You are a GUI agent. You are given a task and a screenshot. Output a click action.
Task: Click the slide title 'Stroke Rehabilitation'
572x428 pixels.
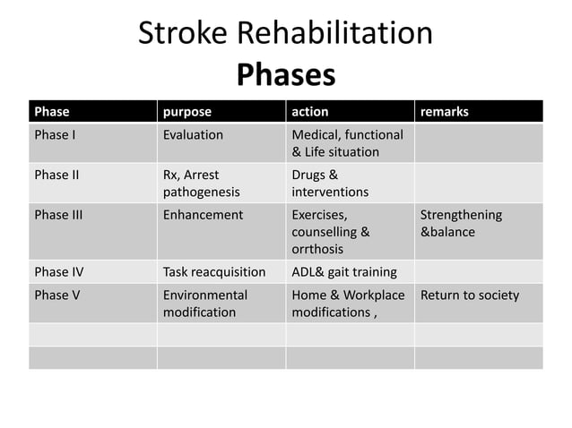tap(285, 33)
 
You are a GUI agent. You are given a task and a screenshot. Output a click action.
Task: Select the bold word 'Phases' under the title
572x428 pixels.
tap(285, 74)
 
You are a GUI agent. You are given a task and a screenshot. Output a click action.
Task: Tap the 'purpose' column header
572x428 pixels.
tap(187, 112)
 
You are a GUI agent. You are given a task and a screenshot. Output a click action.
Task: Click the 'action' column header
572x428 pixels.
tap(310, 112)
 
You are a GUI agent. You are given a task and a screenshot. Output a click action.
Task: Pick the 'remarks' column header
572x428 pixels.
tap(445, 112)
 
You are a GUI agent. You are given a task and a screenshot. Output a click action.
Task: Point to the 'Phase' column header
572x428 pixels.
tap(52, 112)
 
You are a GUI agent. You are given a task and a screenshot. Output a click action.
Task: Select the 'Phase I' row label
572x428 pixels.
tap(55, 135)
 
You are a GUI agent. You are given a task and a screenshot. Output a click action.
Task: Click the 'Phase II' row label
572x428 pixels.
tap(56, 175)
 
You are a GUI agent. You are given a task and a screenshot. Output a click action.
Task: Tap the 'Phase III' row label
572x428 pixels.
tap(58, 215)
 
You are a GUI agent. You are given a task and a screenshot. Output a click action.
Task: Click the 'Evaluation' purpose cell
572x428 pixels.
tap(193, 135)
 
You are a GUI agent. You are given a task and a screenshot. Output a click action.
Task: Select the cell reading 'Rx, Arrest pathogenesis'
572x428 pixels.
tap(201, 184)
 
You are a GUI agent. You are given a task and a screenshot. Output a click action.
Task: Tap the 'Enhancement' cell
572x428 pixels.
tap(203, 215)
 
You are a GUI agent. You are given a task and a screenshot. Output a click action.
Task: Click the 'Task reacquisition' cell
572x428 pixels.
tap(214, 272)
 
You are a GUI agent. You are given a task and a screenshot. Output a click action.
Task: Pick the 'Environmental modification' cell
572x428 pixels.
tap(204, 304)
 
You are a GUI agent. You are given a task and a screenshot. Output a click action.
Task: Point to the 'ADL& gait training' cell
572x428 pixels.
tap(344, 272)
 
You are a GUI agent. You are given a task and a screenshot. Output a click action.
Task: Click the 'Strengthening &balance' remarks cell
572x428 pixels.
tap(461, 223)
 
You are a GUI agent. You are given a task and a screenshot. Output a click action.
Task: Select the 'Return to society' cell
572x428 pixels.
tap(470, 295)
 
